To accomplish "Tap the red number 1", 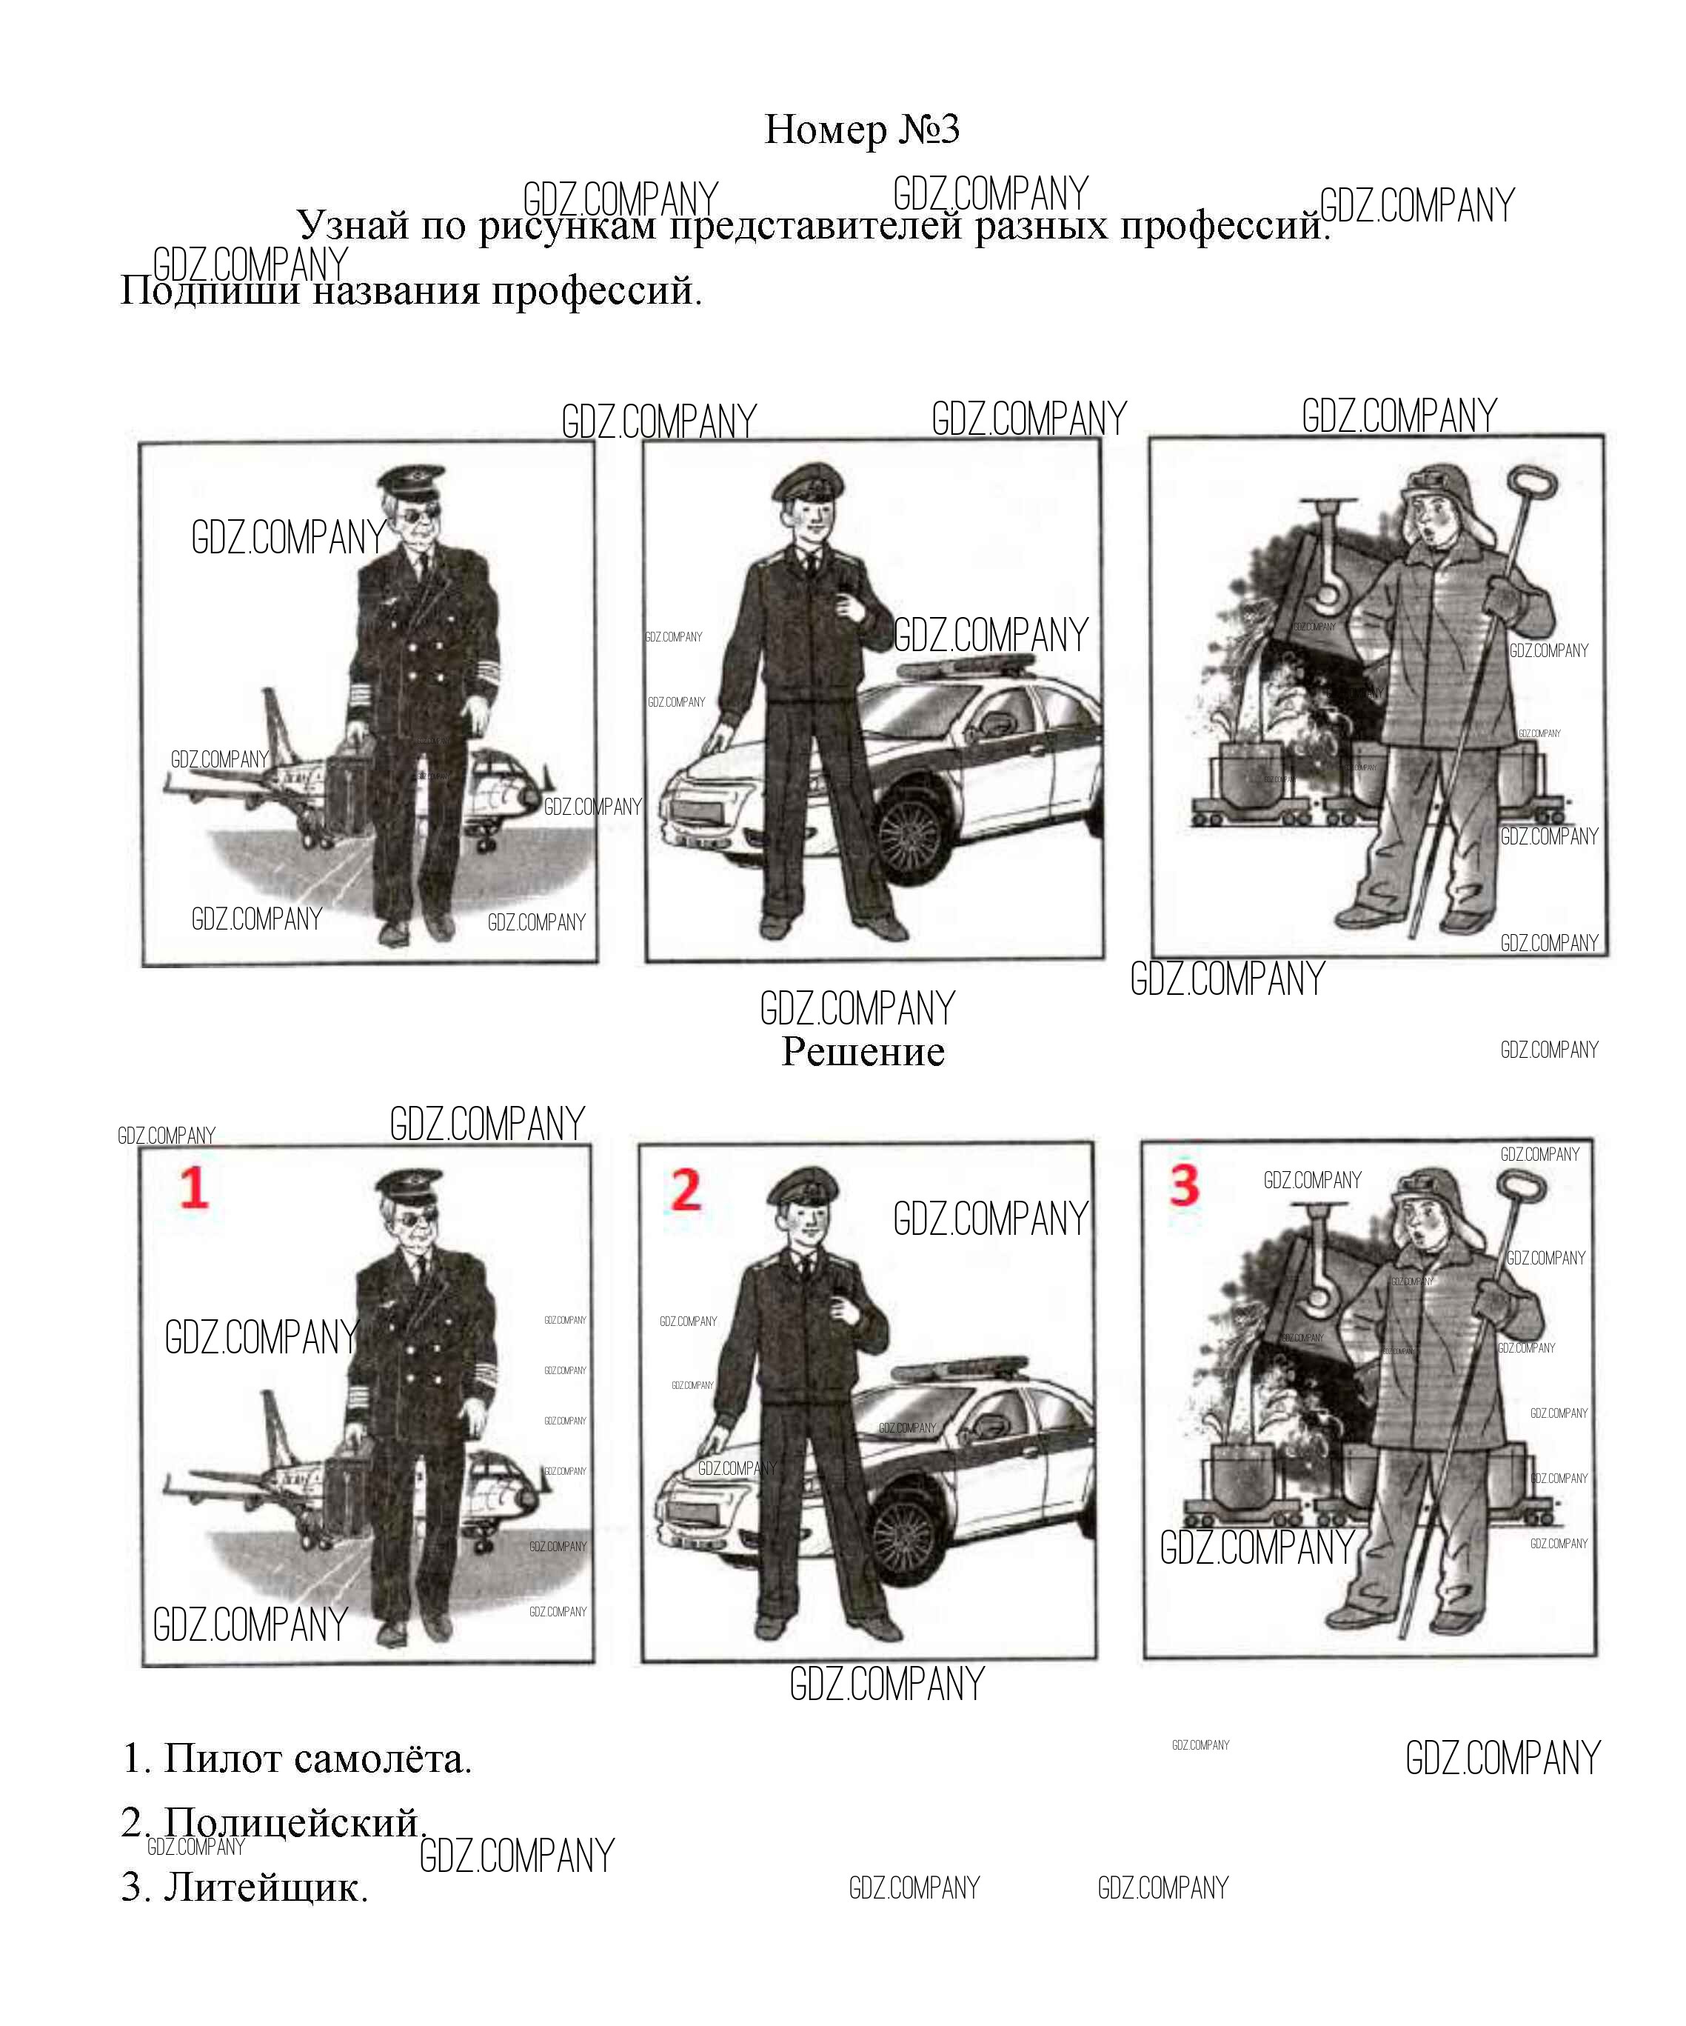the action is (194, 1187).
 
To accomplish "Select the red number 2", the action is (686, 1190).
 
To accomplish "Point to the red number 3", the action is (1185, 1186).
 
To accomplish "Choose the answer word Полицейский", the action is (294, 1822).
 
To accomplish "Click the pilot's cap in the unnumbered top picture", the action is (409, 479).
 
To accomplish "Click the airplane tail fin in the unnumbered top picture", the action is (275, 724).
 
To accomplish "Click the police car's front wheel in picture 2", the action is (905, 1535).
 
